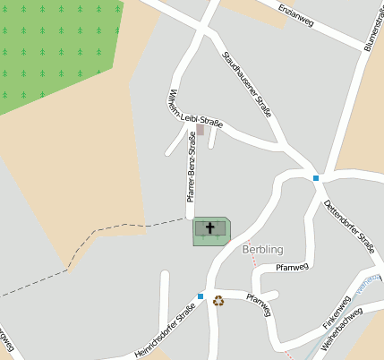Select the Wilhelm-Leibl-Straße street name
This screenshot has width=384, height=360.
(189, 109)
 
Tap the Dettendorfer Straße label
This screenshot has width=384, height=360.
(349, 221)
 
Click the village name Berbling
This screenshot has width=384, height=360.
(262, 249)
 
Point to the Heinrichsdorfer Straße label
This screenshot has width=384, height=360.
(164, 330)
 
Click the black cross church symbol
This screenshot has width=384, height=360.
(211, 227)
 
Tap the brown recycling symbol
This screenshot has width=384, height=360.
(218, 301)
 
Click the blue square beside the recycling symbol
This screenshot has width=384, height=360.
(201, 296)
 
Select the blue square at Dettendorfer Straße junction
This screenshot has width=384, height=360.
(316, 178)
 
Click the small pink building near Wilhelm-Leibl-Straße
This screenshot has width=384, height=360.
(201, 130)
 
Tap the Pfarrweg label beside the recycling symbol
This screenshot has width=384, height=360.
(259, 305)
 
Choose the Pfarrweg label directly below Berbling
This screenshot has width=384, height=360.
(292, 267)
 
